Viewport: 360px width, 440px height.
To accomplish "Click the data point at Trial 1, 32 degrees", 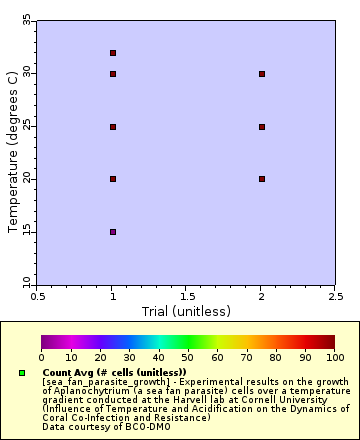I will tap(113, 53).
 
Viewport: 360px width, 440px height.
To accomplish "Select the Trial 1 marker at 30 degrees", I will tap(113, 74).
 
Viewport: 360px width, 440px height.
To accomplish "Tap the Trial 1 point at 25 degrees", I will tap(113, 127).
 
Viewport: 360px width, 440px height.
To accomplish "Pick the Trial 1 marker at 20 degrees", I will tap(113, 179).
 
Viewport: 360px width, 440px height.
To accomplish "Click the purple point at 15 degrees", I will tap(113, 232).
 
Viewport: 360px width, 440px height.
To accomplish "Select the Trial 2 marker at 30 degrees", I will tap(262, 74).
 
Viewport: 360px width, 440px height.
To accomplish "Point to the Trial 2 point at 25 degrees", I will tap(262, 127).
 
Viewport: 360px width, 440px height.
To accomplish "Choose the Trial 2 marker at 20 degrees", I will tap(262, 179).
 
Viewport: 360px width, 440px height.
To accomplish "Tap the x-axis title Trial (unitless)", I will tap(186, 311).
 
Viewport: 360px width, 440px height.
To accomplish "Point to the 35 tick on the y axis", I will tap(26, 21).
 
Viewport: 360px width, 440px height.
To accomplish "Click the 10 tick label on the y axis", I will tap(26, 284).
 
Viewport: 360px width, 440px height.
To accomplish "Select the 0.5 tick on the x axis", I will tap(38, 296).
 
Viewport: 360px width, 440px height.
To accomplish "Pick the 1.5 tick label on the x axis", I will tap(187, 296).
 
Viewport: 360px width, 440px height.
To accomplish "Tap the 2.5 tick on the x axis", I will tap(335, 296).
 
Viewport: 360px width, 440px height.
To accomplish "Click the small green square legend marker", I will tap(21, 373).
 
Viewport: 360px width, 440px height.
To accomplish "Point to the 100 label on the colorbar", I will tap(334, 357).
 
